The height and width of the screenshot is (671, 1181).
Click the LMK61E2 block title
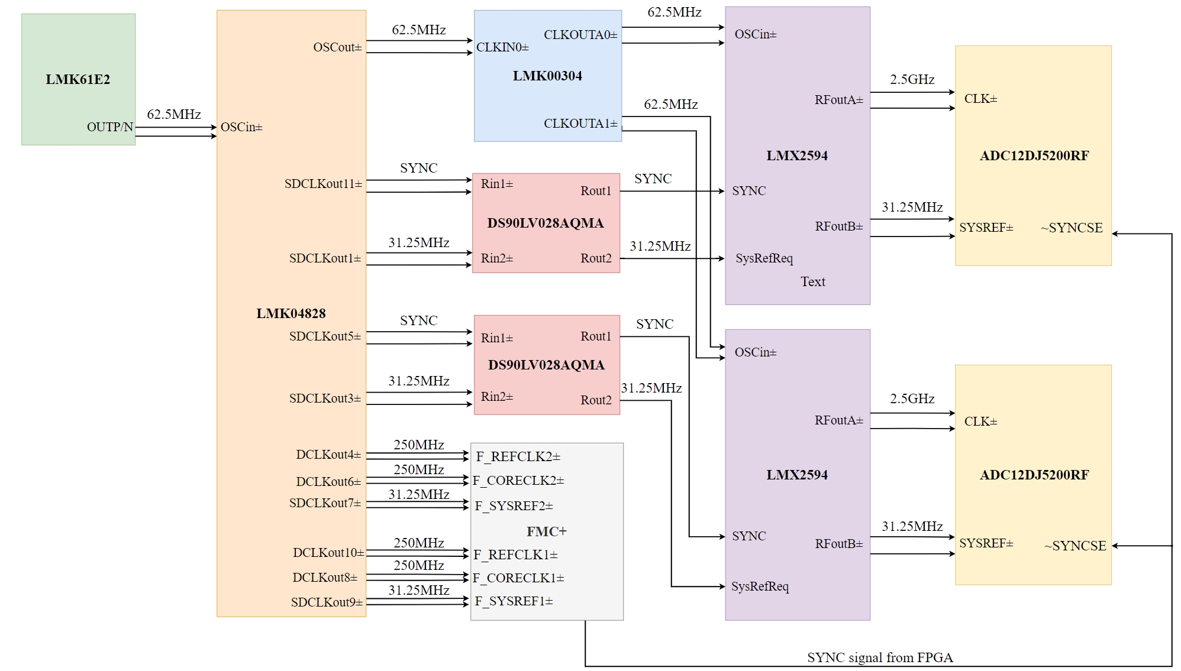point(78,79)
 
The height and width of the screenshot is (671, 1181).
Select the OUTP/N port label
point(110,127)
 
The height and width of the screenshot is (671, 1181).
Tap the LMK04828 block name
point(291,313)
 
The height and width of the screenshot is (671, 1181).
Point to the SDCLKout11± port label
point(323,184)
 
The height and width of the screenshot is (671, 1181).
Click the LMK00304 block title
point(547,76)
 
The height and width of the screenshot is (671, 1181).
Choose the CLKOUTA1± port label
point(580,124)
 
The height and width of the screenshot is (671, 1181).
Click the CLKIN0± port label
point(502,47)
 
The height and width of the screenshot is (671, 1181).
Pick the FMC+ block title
point(547,531)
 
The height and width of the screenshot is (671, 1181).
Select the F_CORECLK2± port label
point(518,481)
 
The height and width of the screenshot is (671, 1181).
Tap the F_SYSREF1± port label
point(514,601)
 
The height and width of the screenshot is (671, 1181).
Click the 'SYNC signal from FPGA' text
point(880,657)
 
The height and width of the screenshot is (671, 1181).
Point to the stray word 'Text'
point(813,282)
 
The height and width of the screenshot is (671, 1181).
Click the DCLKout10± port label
point(328,553)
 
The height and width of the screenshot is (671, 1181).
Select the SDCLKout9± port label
point(327,602)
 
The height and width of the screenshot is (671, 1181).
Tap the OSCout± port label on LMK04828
point(337,47)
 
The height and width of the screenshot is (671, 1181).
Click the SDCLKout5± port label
point(325,336)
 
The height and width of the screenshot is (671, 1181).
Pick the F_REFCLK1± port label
point(515,555)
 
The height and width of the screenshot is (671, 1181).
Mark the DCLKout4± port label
point(328,455)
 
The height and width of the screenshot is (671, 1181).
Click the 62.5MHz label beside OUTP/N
point(174,114)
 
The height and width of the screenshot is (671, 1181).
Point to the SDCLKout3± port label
point(325,398)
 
